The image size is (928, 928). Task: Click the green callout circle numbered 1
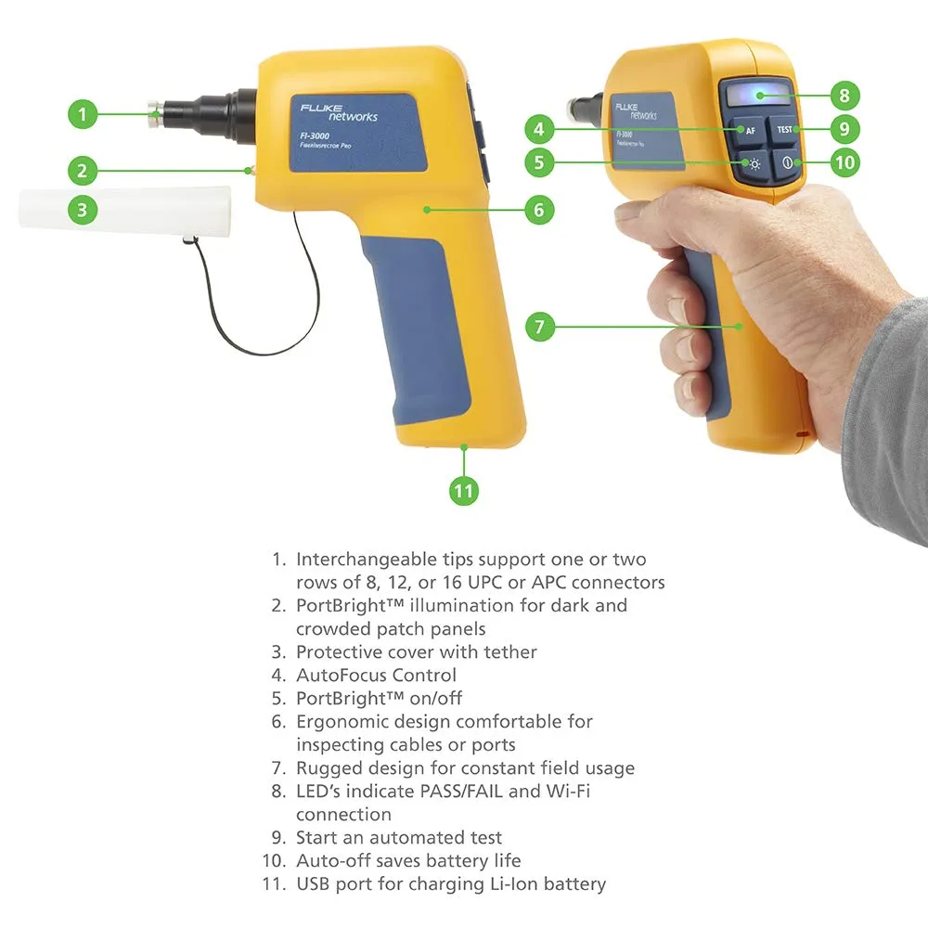[x=83, y=114]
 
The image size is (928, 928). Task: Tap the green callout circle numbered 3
[x=83, y=210]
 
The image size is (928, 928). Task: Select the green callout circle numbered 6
[x=539, y=210]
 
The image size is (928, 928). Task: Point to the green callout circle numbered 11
[x=464, y=491]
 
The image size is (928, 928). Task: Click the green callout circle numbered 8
[x=844, y=96]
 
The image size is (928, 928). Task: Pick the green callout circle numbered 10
[x=844, y=162]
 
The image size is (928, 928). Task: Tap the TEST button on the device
[x=783, y=130]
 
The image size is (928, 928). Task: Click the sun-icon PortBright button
[x=752, y=164]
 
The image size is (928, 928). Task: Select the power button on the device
[x=787, y=163]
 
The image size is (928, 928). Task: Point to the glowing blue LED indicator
[x=759, y=96]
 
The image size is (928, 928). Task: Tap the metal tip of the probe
[x=156, y=113]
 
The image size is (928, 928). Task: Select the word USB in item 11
[x=313, y=883]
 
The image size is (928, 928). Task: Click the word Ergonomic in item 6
[x=342, y=722]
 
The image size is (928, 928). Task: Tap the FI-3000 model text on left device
[x=315, y=136]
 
